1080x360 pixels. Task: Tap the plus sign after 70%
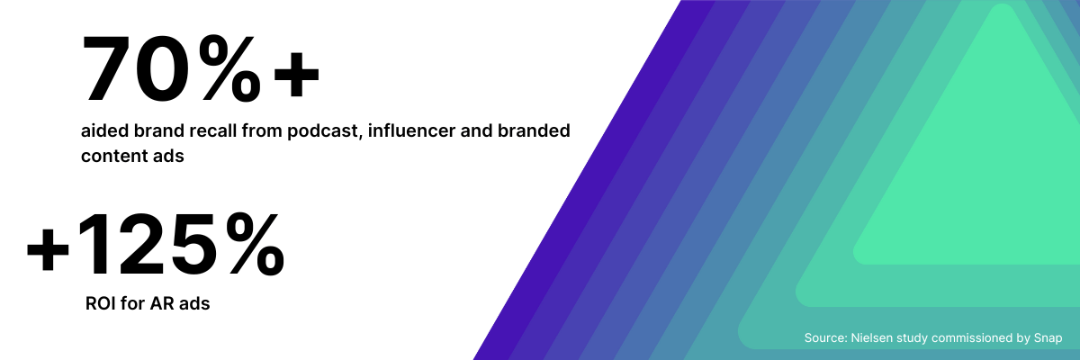[296, 74]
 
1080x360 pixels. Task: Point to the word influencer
[411, 130]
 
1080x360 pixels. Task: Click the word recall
[212, 130]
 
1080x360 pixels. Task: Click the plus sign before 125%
[49, 248]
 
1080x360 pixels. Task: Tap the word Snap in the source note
[1048, 338]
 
